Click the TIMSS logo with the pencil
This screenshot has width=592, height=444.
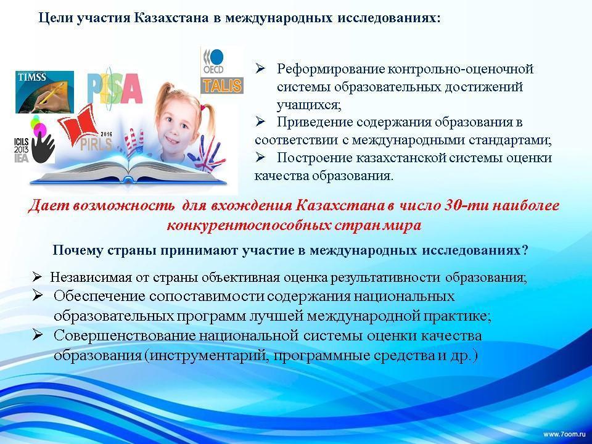44,92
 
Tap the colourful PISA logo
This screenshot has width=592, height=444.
115,86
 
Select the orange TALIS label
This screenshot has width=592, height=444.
222,85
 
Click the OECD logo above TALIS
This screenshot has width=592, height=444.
213,62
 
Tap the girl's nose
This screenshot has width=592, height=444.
175,131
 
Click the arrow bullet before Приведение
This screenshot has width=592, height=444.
260,122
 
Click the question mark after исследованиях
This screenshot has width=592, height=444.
524,250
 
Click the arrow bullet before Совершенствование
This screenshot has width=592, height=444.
38,335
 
